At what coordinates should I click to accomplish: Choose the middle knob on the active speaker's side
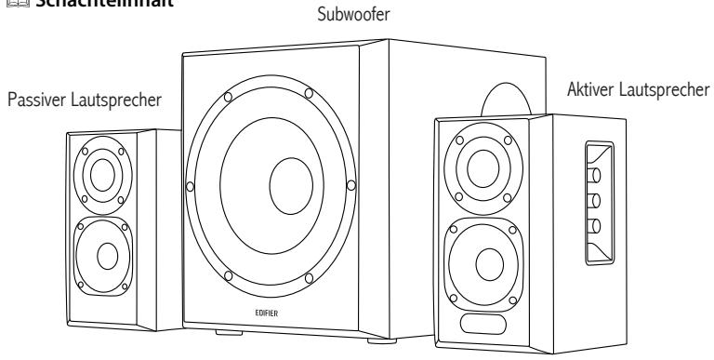pos(595,199)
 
